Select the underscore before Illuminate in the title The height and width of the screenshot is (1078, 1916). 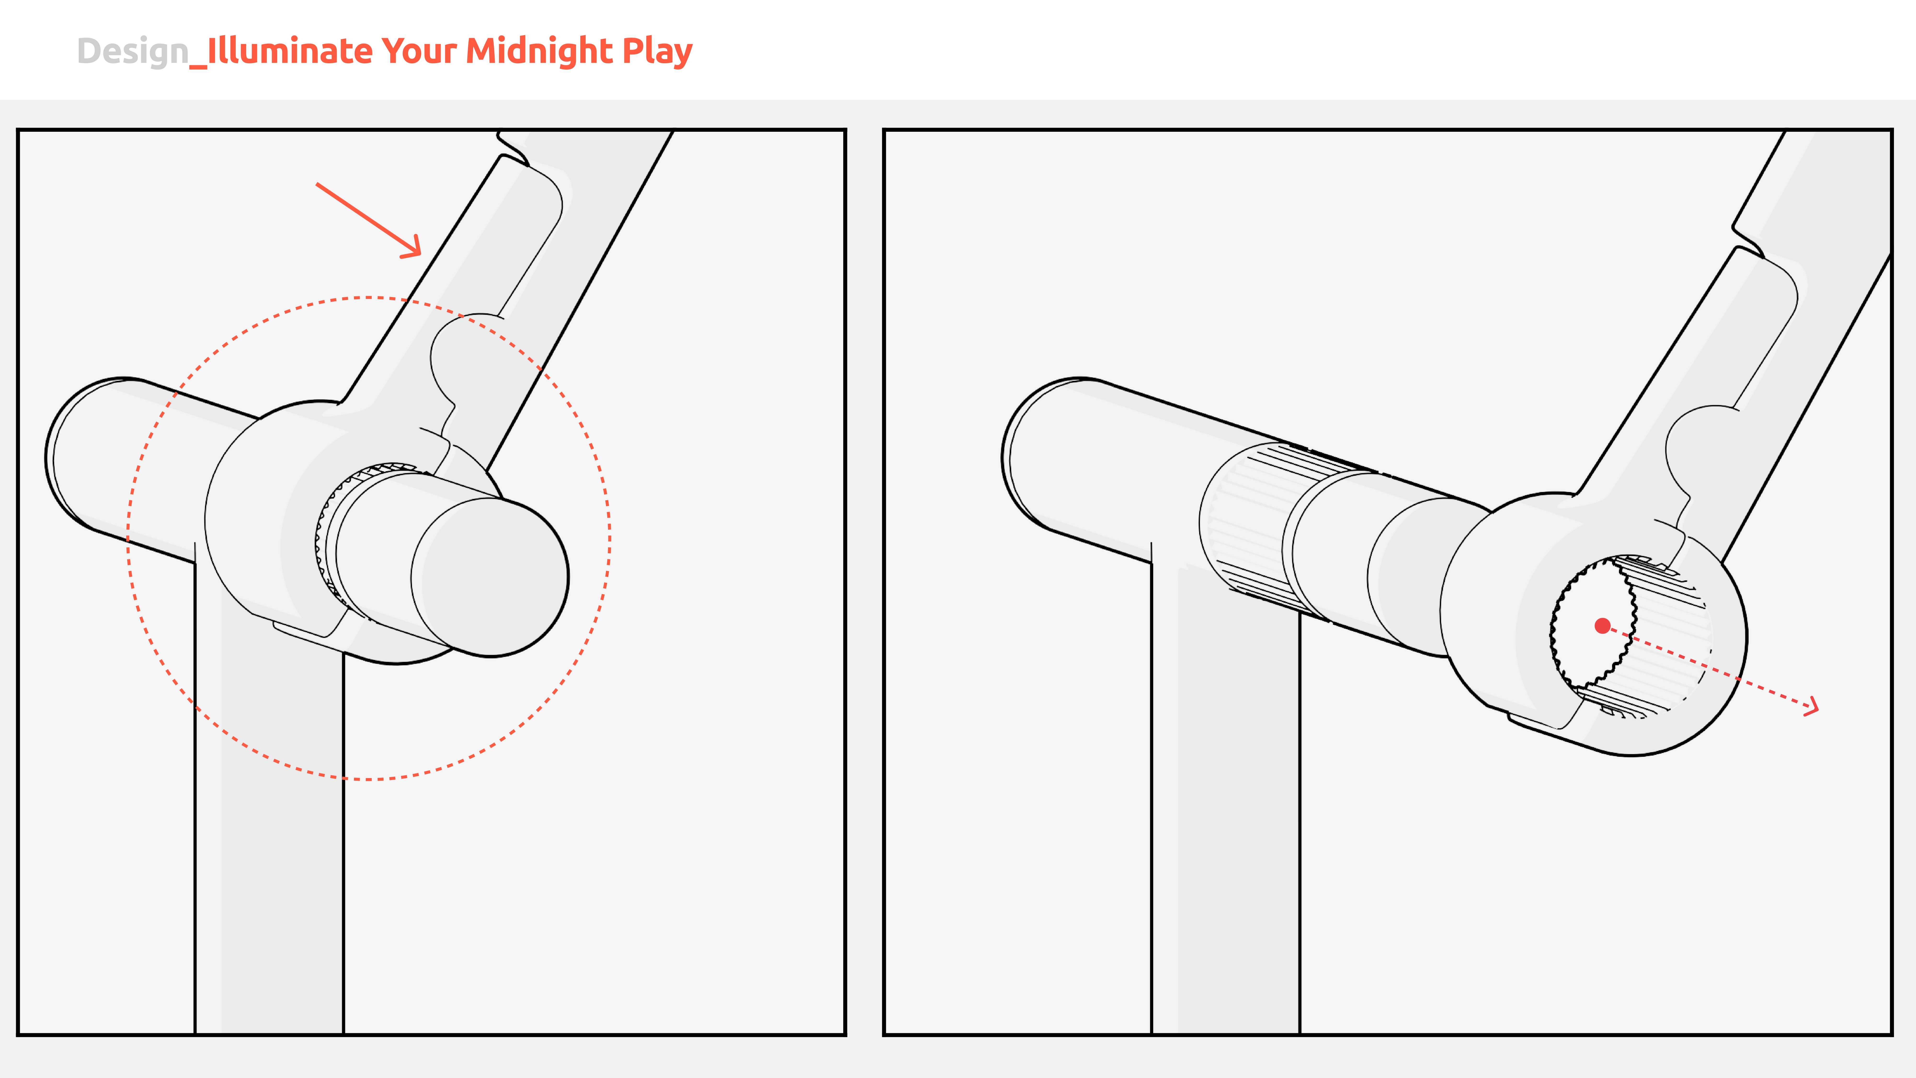click(198, 67)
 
